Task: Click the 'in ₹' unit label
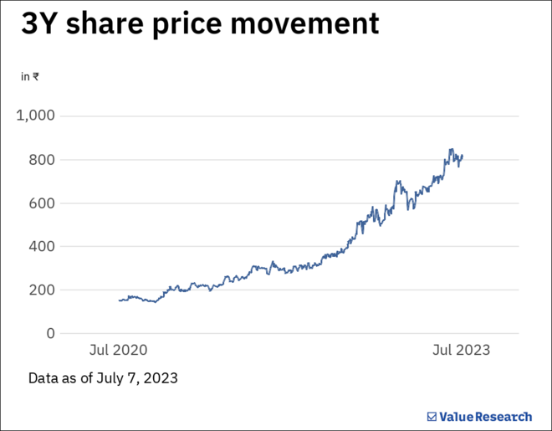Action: [29, 76]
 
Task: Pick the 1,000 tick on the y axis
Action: [36, 115]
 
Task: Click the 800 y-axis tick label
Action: [41, 160]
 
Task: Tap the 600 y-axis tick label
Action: [41, 203]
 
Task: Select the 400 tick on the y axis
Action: [41, 247]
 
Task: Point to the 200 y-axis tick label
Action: [41, 290]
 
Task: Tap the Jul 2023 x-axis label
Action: [462, 350]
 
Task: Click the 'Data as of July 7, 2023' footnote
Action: [103, 378]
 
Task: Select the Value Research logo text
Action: [485, 416]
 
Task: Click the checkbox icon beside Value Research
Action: [432, 416]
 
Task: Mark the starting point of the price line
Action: [120, 300]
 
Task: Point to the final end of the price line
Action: [463, 155]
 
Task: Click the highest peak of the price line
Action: [451, 149]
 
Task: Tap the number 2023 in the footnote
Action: [161, 378]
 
